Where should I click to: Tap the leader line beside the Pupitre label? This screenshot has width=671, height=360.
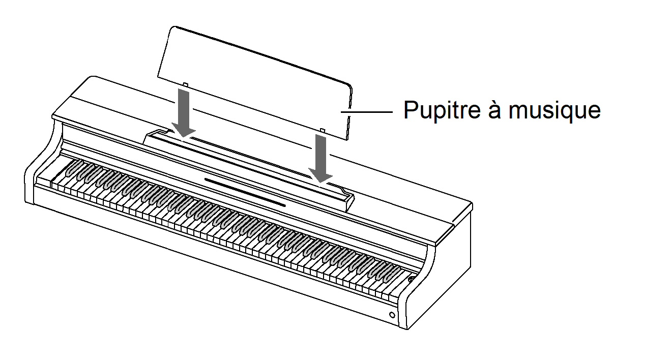tap(367, 110)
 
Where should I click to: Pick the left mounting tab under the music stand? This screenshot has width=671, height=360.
tap(186, 84)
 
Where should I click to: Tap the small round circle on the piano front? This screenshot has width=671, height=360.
tap(392, 315)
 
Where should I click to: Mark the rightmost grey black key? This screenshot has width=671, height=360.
tap(388, 272)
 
